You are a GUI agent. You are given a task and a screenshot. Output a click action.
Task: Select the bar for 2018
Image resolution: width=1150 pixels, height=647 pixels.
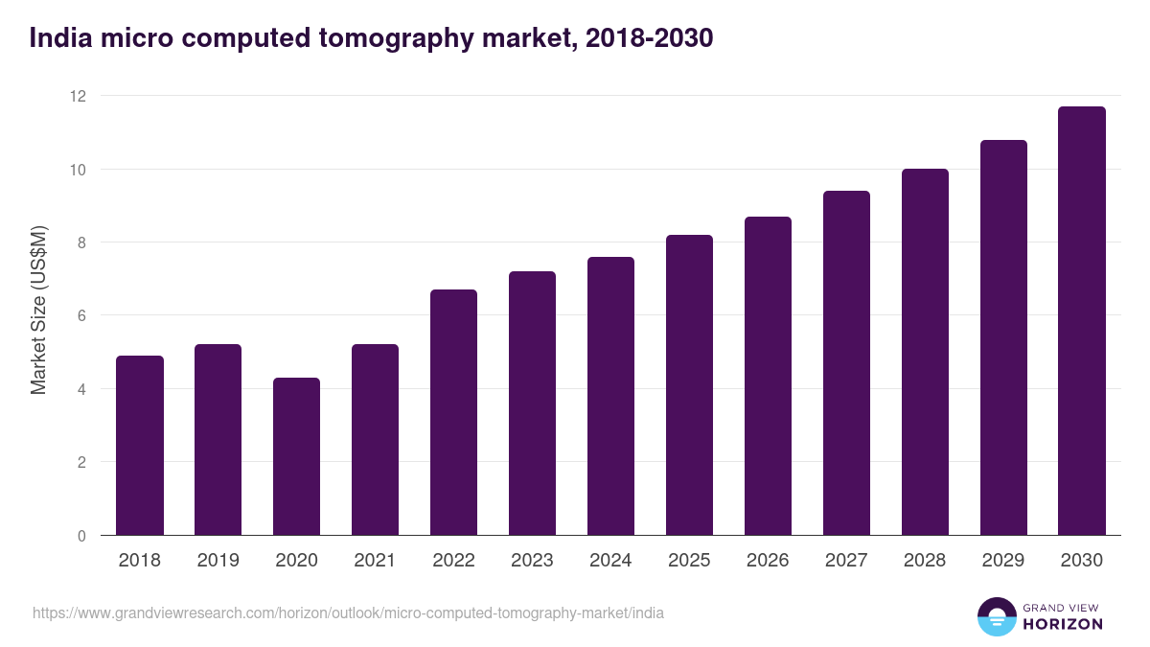coord(140,446)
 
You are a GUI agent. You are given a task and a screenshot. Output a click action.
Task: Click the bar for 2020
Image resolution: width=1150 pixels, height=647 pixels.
coord(297,456)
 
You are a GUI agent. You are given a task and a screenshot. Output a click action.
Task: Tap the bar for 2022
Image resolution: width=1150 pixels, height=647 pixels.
coord(454,412)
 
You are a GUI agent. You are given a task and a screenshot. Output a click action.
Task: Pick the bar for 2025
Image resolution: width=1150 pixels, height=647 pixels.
coord(690,385)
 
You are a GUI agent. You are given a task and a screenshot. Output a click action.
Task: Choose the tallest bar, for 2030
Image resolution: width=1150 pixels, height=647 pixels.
coord(1082,321)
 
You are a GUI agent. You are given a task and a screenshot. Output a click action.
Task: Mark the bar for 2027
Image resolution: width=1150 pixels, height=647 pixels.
coord(846,363)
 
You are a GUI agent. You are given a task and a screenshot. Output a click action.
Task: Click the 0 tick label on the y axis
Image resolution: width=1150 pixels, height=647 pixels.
coord(80,536)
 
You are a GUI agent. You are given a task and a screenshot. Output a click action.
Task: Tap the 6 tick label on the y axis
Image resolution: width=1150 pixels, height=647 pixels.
coord(80,316)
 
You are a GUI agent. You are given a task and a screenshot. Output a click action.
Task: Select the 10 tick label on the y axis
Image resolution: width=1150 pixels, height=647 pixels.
coord(77,170)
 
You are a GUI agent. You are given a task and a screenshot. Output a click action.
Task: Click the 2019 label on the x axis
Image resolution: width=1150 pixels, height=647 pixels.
coord(218,561)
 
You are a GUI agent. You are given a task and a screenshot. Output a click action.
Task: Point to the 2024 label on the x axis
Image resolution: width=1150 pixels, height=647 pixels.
coord(610,561)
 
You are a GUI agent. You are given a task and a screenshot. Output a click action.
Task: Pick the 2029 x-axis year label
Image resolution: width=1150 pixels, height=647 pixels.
coord(1003,561)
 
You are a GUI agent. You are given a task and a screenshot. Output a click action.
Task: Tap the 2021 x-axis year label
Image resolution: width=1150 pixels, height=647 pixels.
coord(376,561)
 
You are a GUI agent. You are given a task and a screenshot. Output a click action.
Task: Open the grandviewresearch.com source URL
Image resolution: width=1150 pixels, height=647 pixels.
coord(348,612)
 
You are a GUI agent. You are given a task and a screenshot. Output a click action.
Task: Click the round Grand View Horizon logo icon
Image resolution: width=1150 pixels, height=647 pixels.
coord(996,616)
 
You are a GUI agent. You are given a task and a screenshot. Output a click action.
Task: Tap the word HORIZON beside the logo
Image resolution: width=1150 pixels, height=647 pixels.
coord(1062,624)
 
